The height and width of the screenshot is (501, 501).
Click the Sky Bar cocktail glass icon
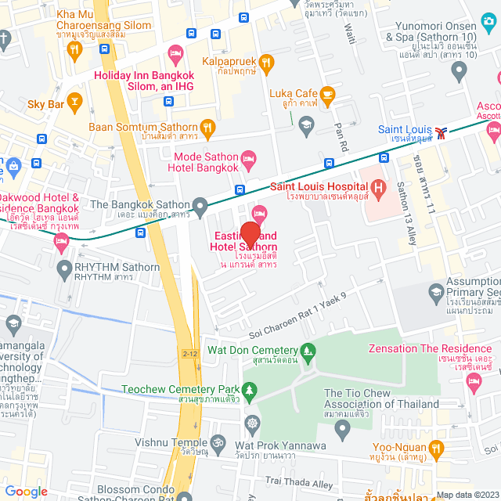point(74,100)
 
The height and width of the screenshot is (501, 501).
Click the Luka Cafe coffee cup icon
point(328,95)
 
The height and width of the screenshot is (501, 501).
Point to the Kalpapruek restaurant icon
point(266,61)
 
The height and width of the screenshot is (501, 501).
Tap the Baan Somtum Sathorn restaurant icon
point(207,125)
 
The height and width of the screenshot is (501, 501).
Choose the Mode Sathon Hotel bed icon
point(249,161)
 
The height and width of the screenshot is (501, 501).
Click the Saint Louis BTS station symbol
point(442,131)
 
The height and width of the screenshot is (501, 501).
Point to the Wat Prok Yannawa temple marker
point(253,424)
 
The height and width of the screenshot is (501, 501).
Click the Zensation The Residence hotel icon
point(473,380)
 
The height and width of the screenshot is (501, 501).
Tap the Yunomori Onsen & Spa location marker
point(459,71)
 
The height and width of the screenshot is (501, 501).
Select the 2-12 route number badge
point(189,332)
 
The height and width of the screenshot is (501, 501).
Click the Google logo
point(26,491)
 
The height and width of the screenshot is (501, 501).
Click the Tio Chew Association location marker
point(341,428)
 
